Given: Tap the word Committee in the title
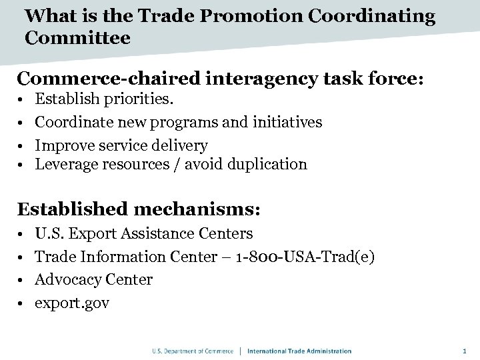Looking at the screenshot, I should pos(77,37).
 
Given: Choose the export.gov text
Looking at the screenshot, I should pos(72,303).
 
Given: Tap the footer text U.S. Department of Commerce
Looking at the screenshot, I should pos(192,351).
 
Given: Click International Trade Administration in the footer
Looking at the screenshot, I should pos(299,351).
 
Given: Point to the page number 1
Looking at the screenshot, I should pos(464,351).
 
